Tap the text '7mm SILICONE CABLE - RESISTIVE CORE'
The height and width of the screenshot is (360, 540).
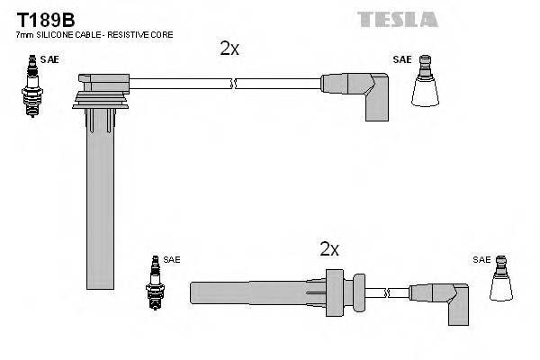click(x=94, y=34)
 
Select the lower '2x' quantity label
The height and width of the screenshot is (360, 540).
click(x=329, y=249)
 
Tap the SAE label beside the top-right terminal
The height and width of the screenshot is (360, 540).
click(x=401, y=59)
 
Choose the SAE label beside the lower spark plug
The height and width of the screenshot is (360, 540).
click(x=172, y=259)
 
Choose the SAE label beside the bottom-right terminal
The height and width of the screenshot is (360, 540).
click(x=481, y=259)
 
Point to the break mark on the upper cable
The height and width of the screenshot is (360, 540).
click(x=233, y=85)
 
